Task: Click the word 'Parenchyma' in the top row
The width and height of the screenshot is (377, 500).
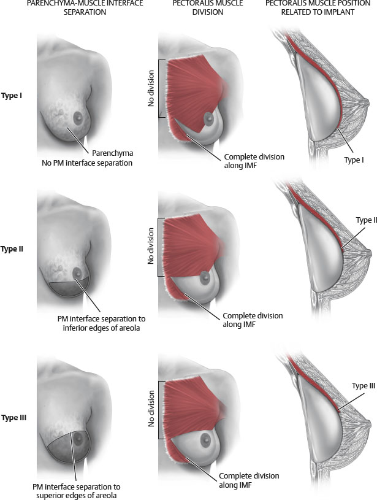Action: [112, 153]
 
